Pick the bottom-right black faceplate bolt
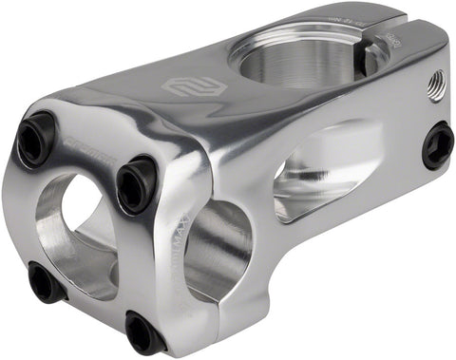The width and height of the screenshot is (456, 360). (x=144, y=332)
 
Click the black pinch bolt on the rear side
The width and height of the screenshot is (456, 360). (x=438, y=145)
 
